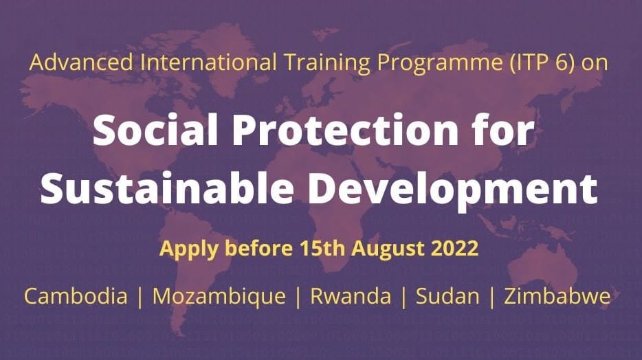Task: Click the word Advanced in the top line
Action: (x=81, y=63)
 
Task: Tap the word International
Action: (x=208, y=63)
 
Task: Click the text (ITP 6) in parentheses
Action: (x=542, y=63)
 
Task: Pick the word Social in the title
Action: (x=155, y=130)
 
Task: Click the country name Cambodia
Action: (x=76, y=296)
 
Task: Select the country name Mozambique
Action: (x=219, y=297)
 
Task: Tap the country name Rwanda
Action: (x=351, y=296)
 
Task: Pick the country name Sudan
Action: (x=447, y=296)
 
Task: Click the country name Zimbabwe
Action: (x=557, y=296)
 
